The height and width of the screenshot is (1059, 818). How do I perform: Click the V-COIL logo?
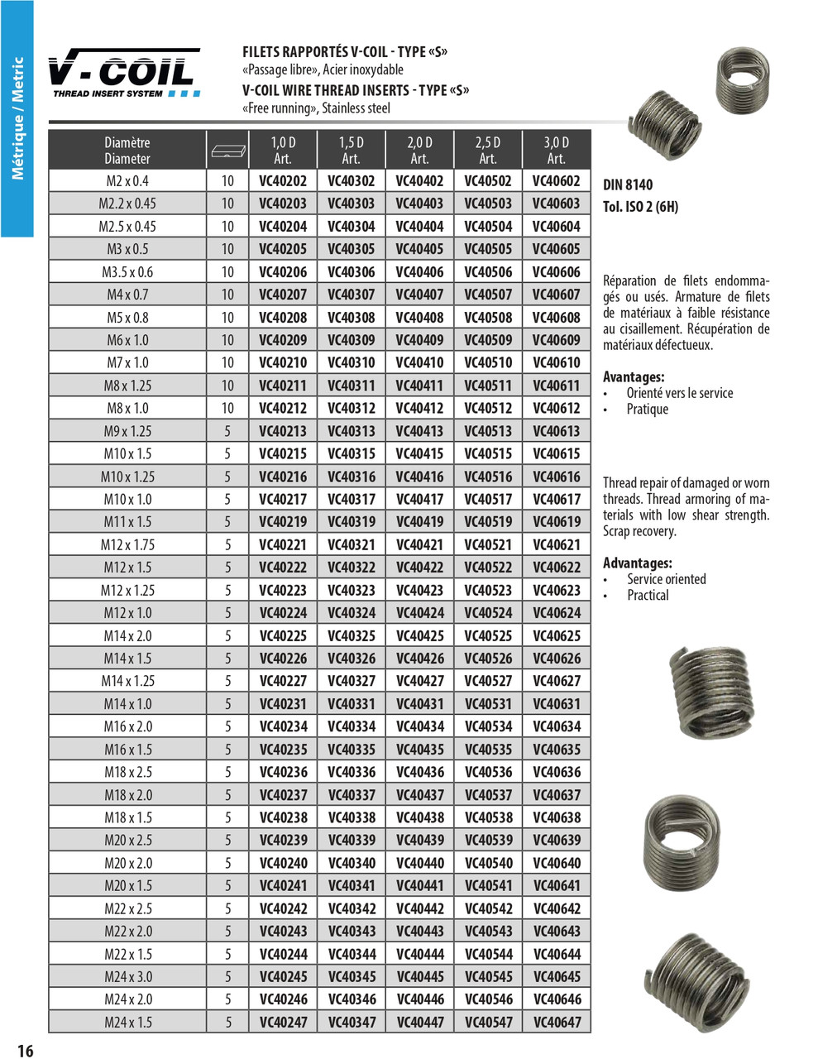point(123,73)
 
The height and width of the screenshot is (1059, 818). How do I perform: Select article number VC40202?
point(283,181)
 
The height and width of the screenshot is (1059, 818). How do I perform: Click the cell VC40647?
point(557,1022)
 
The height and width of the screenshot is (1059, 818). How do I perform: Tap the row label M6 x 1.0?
point(127,340)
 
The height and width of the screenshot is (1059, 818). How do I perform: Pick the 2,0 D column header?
point(419,150)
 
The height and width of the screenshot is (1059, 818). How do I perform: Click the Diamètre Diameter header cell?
point(127,150)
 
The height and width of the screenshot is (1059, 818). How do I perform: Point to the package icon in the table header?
point(227,151)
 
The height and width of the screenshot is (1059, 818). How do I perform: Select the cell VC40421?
point(419,545)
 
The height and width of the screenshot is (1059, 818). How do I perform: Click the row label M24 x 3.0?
point(127,976)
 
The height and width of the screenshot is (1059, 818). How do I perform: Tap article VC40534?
point(488,726)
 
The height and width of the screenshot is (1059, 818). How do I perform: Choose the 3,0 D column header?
point(557,150)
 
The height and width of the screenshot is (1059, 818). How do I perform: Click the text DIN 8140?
point(628,185)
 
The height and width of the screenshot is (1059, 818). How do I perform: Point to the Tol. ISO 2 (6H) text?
point(640,207)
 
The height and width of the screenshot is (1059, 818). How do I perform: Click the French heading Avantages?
point(634,377)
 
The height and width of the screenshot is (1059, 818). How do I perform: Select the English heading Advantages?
point(637,563)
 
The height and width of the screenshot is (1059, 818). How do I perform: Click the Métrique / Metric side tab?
point(17,118)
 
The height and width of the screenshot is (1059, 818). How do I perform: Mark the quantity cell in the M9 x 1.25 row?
point(227,431)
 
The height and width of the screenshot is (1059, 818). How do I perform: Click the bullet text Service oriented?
point(666,579)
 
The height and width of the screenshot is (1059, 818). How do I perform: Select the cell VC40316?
point(352,477)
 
